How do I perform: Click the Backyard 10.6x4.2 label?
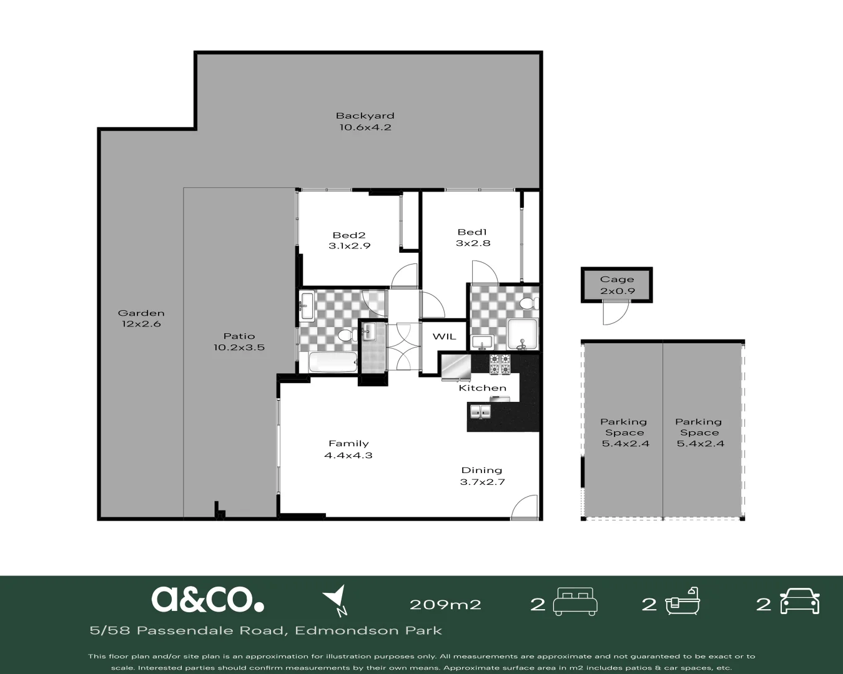pyautogui.click(x=365, y=121)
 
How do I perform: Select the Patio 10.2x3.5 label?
pyautogui.click(x=239, y=341)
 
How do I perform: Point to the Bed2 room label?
pyautogui.click(x=349, y=240)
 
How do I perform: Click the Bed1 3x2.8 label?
pyautogui.click(x=473, y=238)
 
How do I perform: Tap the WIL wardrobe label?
pyautogui.click(x=444, y=336)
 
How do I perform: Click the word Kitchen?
pyautogui.click(x=482, y=388)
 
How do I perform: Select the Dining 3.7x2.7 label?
pyautogui.click(x=481, y=476)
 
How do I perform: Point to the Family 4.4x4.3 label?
pyautogui.click(x=348, y=449)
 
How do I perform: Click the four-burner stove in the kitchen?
pyautogui.click(x=500, y=364)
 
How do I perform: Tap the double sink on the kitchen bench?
pyautogui.click(x=480, y=412)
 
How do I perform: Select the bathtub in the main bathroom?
pyautogui.click(x=333, y=362)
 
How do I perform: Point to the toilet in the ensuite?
pyautogui.click(x=528, y=304)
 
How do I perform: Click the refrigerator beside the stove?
pyautogui.click(x=456, y=366)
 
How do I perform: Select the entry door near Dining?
pyautogui.click(x=524, y=507)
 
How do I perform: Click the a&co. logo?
pyautogui.click(x=207, y=599)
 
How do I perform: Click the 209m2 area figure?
pyautogui.click(x=445, y=604)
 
